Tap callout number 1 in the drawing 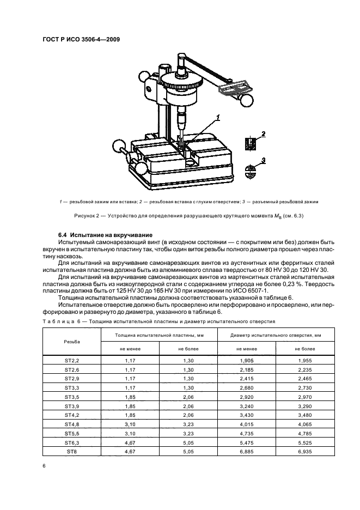click(x=218, y=117)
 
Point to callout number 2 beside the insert click(x=263, y=133)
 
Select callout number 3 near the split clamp click(x=263, y=160)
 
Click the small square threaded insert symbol click(x=249, y=143)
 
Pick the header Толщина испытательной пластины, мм click(x=158, y=334)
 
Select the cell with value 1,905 click(x=246, y=360)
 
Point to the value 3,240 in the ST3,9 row click(x=246, y=406)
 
